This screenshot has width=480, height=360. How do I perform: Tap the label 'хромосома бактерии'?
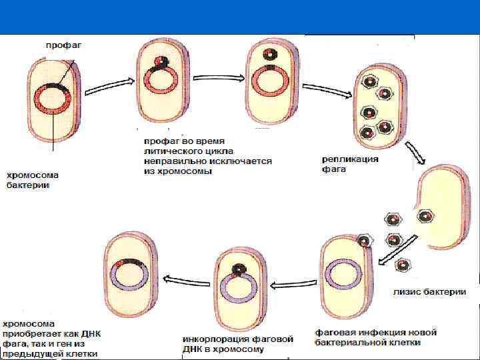(33, 180)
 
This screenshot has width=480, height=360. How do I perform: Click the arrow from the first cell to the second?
(110, 83)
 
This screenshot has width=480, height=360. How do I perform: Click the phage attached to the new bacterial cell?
(365, 241)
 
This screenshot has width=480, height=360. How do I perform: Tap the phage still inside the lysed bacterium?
(425, 215)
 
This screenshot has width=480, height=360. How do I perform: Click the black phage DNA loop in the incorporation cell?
(237, 269)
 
